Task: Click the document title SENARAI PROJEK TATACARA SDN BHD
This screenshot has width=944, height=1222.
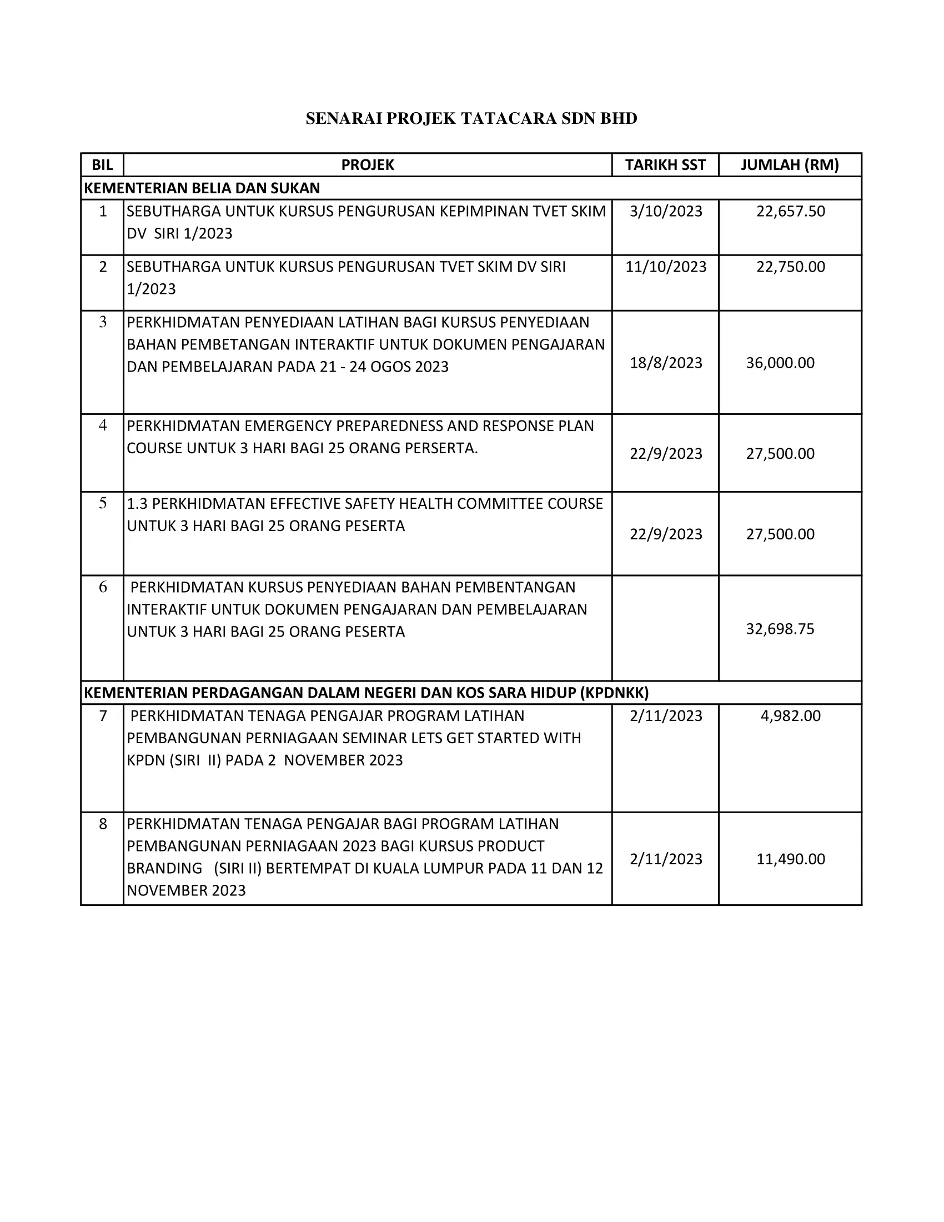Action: click(471, 119)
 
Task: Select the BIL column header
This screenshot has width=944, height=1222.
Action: click(102, 165)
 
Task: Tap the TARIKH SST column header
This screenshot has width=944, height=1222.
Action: click(665, 165)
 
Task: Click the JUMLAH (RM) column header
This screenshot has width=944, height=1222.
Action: click(790, 165)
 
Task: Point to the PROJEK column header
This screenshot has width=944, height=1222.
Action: click(368, 165)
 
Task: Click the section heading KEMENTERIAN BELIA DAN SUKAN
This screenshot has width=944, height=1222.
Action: click(202, 188)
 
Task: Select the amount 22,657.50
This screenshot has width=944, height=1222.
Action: click(790, 212)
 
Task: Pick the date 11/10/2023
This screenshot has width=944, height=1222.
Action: click(665, 267)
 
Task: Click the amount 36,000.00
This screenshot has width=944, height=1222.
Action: click(780, 363)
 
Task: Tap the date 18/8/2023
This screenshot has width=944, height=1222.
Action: click(665, 363)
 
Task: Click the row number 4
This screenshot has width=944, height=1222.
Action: click(103, 425)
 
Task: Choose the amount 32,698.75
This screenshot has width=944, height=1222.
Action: click(780, 629)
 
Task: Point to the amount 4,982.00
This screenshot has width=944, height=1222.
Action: click(790, 716)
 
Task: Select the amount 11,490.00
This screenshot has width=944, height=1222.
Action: click(790, 859)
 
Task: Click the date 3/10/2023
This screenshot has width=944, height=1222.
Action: click(665, 212)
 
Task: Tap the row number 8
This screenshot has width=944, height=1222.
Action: click(103, 824)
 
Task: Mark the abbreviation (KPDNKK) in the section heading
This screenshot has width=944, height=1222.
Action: click(614, 693)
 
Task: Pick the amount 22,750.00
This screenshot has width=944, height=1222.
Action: click(790, 267)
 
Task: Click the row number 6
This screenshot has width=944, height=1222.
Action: click(103, 587)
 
